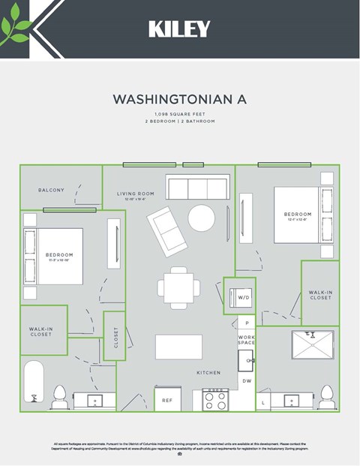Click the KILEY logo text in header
pos(179,29)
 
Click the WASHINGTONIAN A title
pos(179,99)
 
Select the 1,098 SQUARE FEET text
pos(179,114)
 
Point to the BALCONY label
pos(51,190)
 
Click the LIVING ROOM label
pos(135,194)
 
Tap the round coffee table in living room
pos(202,218)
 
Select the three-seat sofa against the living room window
pos(198,188)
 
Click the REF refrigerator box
pos(167,401)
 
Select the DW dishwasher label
pos(247,382)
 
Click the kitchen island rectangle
pos(178,347)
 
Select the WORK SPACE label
pos(247,341)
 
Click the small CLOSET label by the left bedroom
pos(115,336)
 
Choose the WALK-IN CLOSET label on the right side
pos(320,294)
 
